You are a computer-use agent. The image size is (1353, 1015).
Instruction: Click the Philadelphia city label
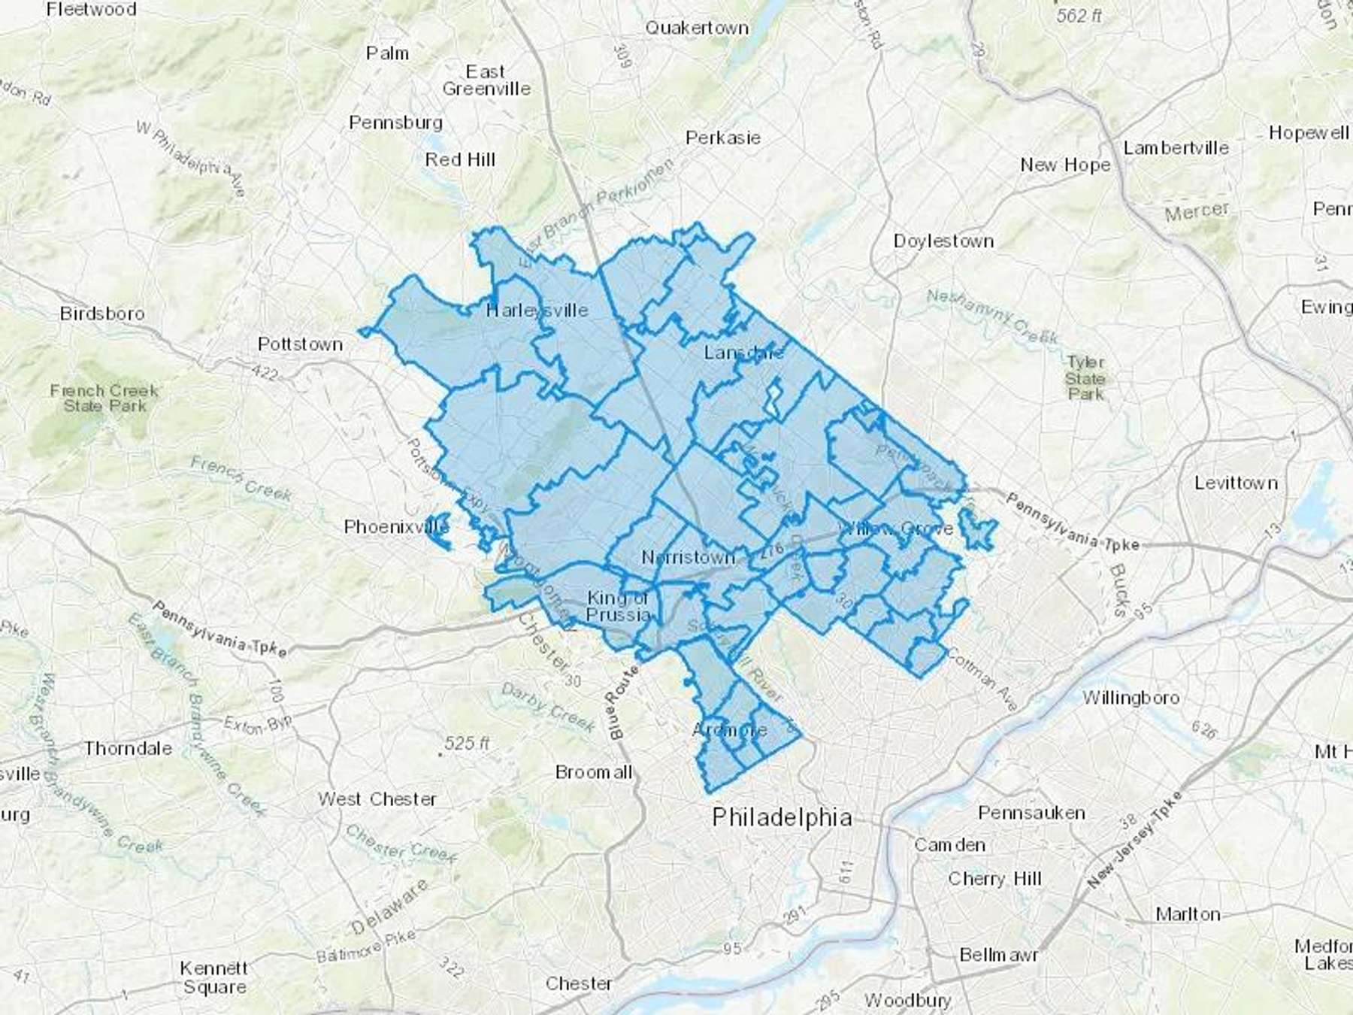click(782, 817)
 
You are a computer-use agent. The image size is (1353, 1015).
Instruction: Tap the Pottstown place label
click(300, 344)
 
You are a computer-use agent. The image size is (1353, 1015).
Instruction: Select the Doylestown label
click(943, 241)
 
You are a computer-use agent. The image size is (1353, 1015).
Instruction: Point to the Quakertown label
click(697, 29)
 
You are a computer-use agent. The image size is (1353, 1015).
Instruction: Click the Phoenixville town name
click(396, 527)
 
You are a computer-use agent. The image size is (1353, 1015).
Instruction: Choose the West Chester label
click(377, 798)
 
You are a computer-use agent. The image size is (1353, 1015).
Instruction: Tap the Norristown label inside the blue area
click(688, 557)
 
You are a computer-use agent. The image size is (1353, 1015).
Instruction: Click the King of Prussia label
click(618, 606)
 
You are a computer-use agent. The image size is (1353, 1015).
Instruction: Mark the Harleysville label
click(537, 310)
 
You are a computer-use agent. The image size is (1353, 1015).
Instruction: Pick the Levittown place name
click(1236, 483)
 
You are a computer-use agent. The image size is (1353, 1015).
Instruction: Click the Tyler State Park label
click(1085, 377)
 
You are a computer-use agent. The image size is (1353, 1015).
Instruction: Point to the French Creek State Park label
click(104, 398)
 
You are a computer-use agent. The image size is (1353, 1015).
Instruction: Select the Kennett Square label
click(214, 977)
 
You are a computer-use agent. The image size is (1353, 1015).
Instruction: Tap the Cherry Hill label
click(994, 878)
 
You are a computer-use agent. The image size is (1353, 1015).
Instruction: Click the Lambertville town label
click(1176, 148)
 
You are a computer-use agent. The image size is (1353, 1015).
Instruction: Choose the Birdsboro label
click(102, 313)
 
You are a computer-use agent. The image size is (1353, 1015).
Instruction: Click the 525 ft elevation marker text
click(467, 744)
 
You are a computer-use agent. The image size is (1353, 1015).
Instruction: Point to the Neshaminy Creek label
click(991, 317)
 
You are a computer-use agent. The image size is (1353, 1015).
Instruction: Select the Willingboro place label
click(1131, 698)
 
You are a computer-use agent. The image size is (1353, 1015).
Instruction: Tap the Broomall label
click(594, 772)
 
